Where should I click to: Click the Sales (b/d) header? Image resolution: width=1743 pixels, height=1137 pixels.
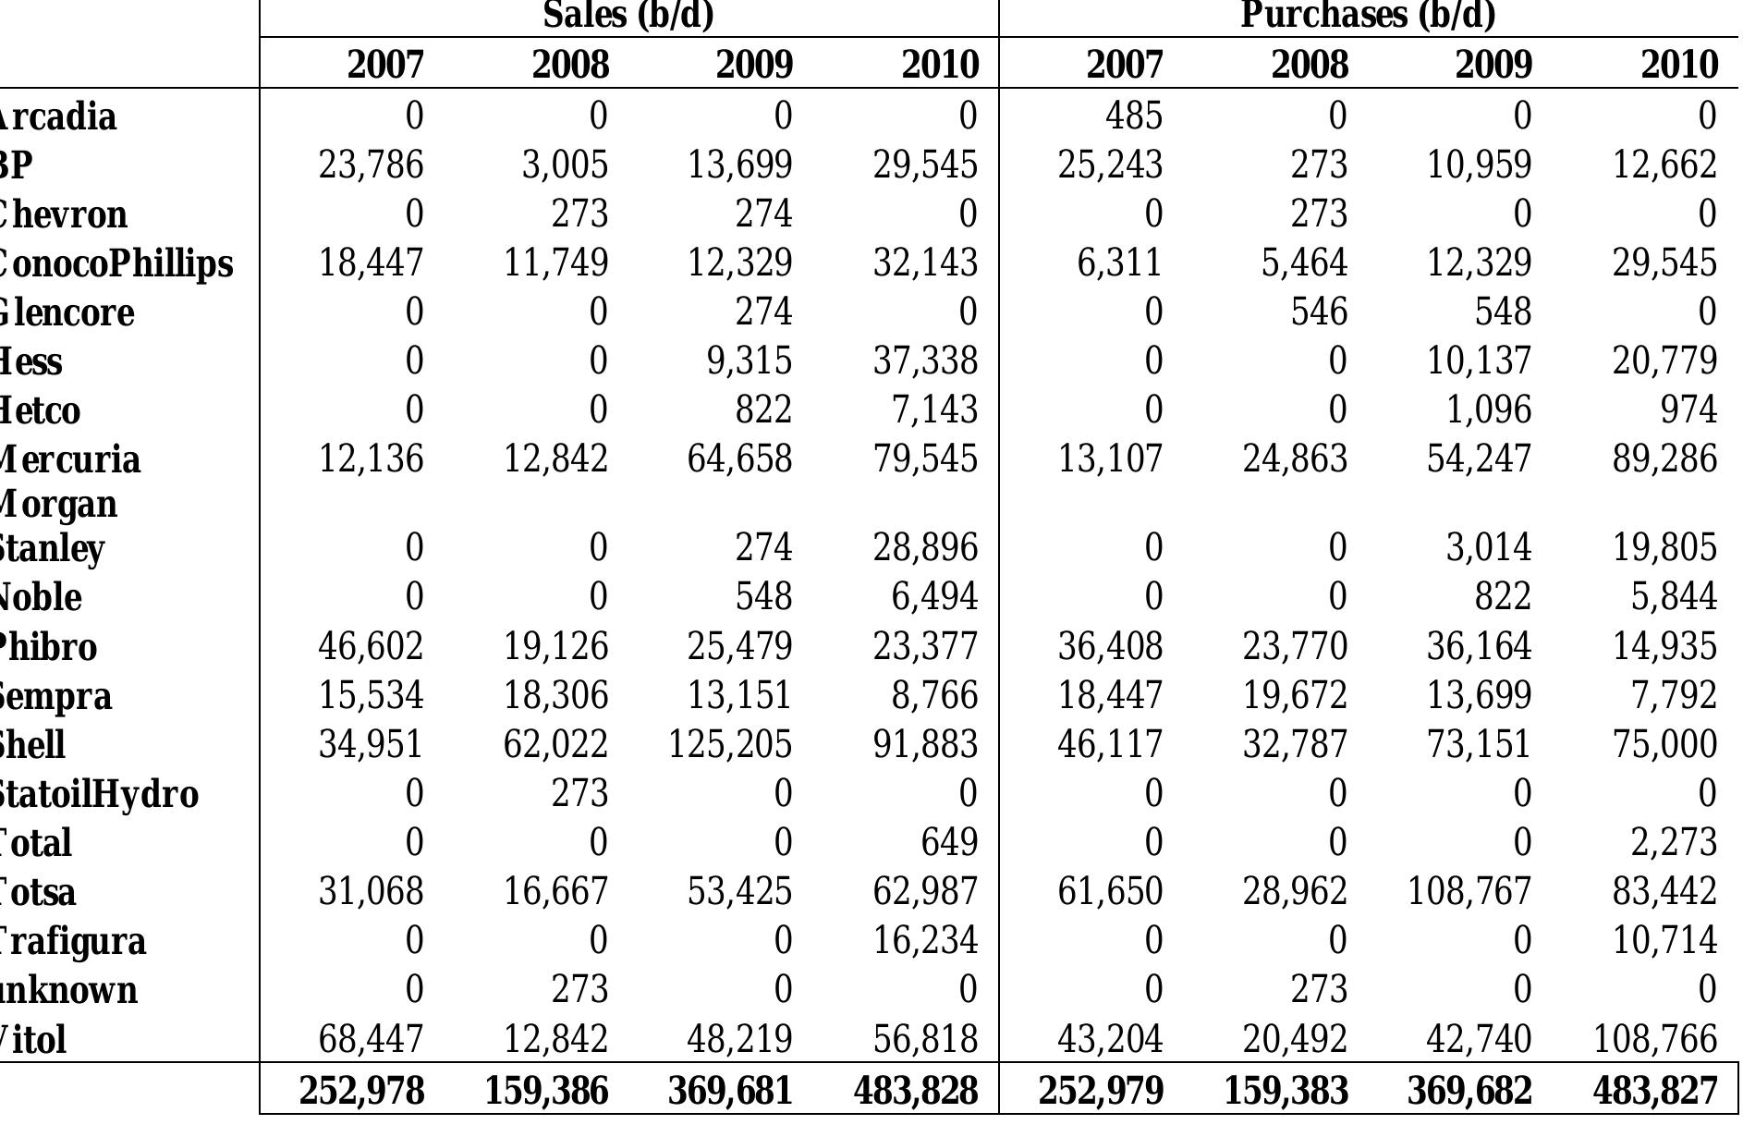point(628,15)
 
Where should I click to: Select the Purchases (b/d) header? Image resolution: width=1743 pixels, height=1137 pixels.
point(1367,15)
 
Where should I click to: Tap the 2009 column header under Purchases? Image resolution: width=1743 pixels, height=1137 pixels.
point(1493,65)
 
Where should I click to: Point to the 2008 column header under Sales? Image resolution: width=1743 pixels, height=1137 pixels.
point(570,65)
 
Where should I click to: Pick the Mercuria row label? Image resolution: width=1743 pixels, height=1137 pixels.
point(69,459)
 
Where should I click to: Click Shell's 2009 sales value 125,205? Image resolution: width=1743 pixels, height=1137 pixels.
point(730,744)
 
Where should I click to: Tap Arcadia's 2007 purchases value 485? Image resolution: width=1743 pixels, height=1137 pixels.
point(1134,116)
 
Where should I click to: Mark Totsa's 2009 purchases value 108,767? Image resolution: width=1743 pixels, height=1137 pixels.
point(1469,891)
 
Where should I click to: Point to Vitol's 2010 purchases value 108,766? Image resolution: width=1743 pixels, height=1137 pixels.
point(1654,1039)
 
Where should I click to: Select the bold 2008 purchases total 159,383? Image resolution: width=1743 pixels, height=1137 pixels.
point(1286,1091)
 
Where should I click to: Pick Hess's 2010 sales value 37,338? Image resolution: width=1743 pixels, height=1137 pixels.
point(925,360)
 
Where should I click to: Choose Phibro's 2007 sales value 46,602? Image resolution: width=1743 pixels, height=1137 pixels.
point(371,645)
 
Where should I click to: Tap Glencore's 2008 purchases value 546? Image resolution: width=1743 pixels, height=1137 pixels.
point(1319,312)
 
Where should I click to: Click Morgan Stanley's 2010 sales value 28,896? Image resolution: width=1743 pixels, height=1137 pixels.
point(925,547)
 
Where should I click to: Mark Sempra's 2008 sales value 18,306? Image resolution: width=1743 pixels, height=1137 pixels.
point(555,694)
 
